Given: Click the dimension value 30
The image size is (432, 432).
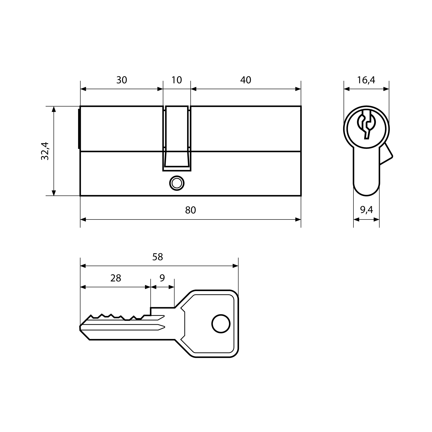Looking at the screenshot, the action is [122, 80].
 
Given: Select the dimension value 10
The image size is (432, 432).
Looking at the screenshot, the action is [177, 80].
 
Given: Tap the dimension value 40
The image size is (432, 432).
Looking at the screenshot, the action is [245, 80].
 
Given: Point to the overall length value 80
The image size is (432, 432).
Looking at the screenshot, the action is [190, 210].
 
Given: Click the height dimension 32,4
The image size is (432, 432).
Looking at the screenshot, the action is [45, 151].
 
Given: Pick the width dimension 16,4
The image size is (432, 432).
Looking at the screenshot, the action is [366, 80].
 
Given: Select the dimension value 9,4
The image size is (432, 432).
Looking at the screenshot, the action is [366, 210].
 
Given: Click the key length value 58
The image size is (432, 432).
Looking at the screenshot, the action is [157, 257].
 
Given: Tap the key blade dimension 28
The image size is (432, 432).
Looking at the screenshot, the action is [116, 278].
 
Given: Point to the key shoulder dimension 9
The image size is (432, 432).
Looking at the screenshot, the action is [162, 278].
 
